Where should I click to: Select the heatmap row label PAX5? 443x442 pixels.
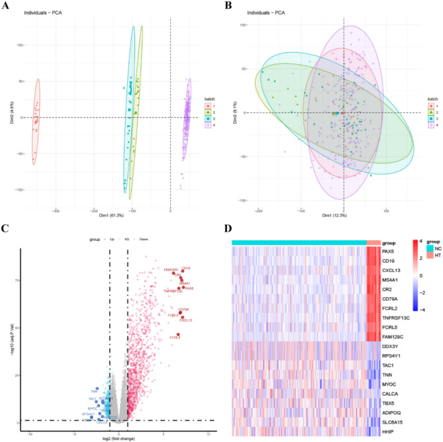(x=390, y=251)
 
